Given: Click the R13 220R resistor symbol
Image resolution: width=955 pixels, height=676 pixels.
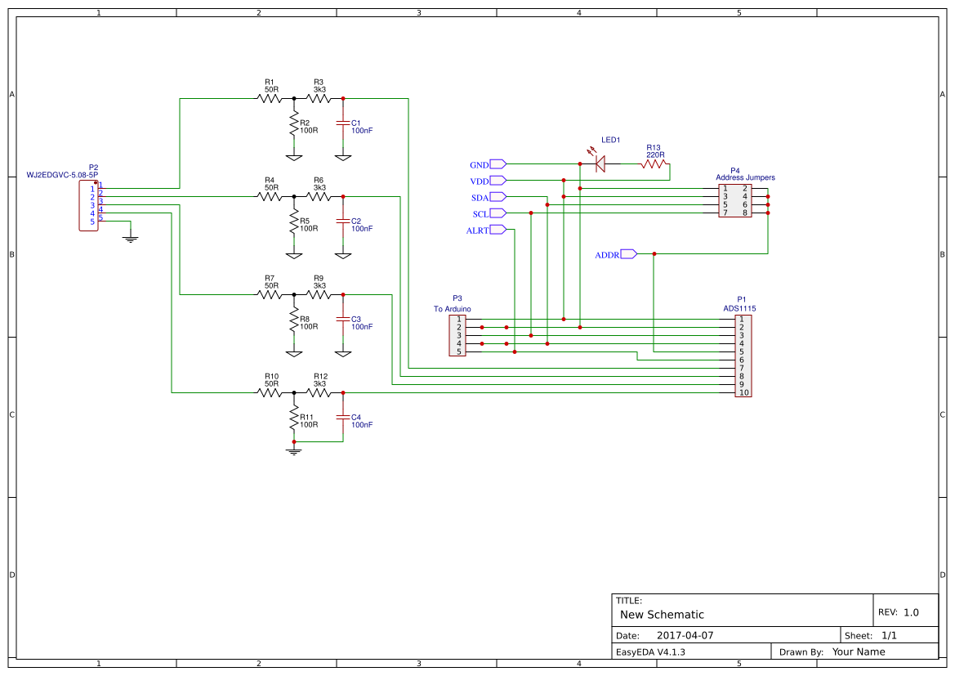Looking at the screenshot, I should tap(654, 164).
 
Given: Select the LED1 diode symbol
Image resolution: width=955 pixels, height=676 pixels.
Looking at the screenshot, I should tap(600, 164).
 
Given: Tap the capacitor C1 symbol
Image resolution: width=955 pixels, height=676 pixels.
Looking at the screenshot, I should tap(343, 123).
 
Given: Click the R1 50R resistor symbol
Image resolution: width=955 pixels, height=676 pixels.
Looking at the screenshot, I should tap(270, 99).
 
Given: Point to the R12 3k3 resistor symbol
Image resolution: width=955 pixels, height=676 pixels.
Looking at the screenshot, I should tap(319, 393).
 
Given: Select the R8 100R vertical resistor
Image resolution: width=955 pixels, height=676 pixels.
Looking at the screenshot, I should tap(294, 320).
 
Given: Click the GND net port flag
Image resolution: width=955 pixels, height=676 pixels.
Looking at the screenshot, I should tap(498, 164).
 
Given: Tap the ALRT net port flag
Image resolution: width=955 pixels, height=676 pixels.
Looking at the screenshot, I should tap(498, 230).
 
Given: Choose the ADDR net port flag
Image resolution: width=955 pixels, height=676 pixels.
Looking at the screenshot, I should tap(628, 254).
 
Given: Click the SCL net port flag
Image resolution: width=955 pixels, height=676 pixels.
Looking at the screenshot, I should tap(498, 213).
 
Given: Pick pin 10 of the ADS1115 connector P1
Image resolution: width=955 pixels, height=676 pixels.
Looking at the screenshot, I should tap(743, 393).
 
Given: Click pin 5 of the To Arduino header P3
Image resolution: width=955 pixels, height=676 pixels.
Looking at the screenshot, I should tap(458, 352).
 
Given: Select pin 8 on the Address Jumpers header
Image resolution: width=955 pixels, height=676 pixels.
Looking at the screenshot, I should tap(745, 213).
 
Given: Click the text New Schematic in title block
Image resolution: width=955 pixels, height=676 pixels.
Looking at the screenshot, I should tap(662, 615).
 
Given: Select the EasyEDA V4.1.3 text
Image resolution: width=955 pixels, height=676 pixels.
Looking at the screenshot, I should tap(650, 652).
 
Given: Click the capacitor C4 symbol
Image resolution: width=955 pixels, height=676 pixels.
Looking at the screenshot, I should tap(343, 418).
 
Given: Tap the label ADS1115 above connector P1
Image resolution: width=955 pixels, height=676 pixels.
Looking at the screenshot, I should tap(739, 308).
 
